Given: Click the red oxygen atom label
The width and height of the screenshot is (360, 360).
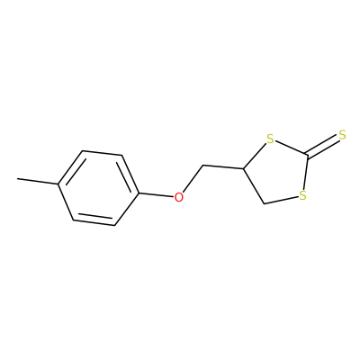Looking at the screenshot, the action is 178,197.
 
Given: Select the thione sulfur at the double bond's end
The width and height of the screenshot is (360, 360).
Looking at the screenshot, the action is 342,135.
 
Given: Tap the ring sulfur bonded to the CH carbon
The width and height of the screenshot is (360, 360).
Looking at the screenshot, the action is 270,139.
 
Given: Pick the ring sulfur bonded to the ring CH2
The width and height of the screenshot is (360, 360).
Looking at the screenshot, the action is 302,195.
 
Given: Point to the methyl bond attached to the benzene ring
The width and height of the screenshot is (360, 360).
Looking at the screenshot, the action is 38,181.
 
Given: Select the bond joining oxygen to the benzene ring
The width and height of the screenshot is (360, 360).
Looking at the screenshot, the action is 157,194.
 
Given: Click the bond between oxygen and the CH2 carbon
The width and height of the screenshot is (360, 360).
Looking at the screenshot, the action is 193,178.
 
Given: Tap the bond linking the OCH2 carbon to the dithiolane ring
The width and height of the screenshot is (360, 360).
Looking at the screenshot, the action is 223,166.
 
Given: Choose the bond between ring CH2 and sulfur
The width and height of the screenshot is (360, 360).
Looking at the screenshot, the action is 281,201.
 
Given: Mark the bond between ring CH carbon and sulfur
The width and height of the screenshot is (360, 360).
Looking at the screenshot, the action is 255,156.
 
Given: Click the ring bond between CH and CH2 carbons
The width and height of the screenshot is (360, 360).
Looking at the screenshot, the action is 254,186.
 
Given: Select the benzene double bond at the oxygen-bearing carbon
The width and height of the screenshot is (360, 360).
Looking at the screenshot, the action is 129,175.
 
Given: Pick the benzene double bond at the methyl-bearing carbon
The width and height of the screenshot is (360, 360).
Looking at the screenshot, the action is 71,167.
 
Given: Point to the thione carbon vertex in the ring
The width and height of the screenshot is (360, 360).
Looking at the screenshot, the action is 307,154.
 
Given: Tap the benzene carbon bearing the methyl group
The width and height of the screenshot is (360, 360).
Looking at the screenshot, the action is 59,184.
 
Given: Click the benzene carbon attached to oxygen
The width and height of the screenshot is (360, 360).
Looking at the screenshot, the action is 139,193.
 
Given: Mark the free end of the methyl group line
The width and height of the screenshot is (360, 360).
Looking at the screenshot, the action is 17,179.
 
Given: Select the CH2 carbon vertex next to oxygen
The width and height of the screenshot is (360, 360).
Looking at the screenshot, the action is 203,166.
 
